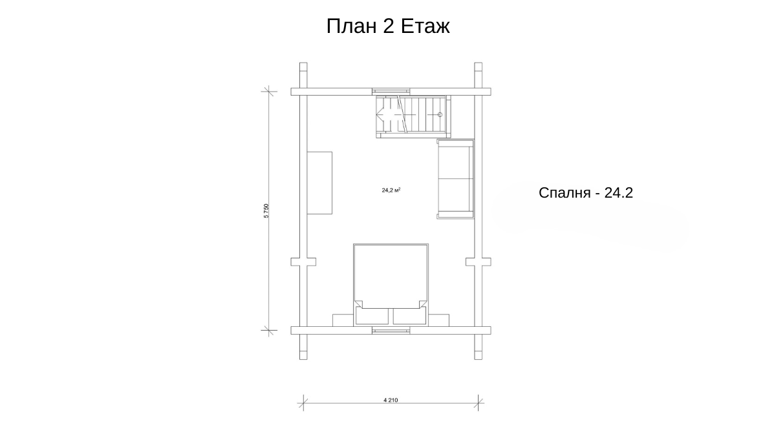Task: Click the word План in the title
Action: tap(352, 26)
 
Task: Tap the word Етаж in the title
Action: tap(426, 26)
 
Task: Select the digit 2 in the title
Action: tap(389, 26)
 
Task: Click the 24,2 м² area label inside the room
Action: tap(391, 190)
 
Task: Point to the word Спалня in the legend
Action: tap(565, 192)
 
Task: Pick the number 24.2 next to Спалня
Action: tap(619, 192)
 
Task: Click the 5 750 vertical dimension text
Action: tap(266, 211)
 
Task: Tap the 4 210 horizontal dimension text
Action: tap(391, 400)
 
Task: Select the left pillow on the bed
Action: tap(372, 316)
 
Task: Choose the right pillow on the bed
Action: tap(409, 316)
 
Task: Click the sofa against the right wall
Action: tap(455, 179)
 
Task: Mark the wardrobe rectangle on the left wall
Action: tap(319, 183)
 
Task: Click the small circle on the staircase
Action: tap(440, 114)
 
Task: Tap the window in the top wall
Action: tap(391, 92)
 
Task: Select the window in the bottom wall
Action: tap(391, 331)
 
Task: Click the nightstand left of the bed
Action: tap(343, 320)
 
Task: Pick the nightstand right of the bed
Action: tap(438, 320)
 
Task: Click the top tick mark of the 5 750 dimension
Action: tap(269, 91)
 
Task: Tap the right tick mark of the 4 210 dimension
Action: tap(478, 403)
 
